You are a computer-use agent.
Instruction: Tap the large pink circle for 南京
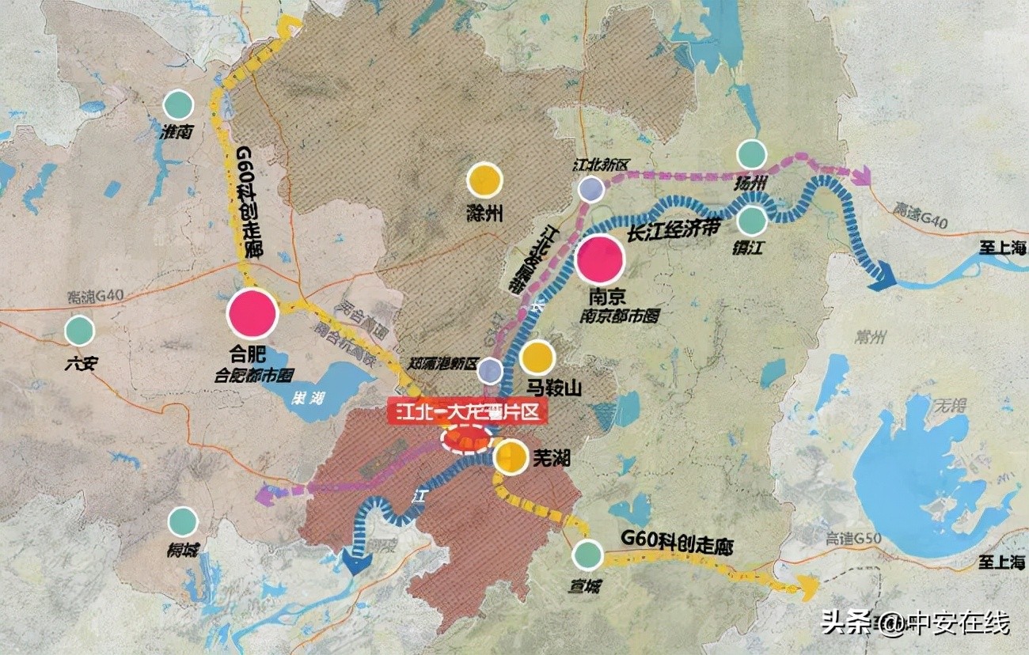point(600,259)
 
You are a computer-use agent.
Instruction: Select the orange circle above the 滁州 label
point(484,180)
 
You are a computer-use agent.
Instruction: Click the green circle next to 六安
point(79,331)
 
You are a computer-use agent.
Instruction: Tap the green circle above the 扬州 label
point(751,154)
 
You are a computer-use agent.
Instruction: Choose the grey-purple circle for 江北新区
point(590,189)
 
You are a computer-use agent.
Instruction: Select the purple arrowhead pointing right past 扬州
point(861,175)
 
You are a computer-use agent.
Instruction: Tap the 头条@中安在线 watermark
point(915,623)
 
